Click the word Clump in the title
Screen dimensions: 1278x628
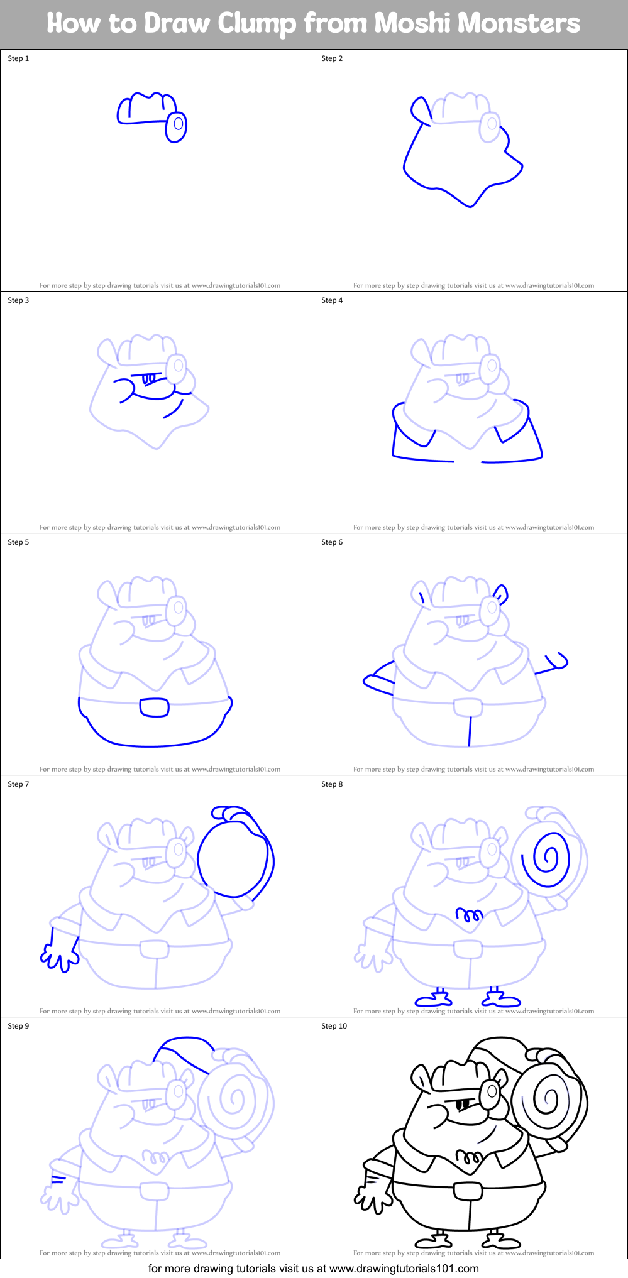[256, 24]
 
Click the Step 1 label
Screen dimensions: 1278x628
[18, 58]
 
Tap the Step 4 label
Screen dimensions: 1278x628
[332, 300]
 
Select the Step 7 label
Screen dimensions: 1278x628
[18, 784]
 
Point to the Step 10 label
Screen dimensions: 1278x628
[334, 1026]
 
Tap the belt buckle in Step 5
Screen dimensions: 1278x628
[154, 707]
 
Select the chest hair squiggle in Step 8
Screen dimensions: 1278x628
[469, 915]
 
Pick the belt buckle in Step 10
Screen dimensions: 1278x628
[468, 1190]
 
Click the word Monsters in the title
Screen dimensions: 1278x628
[519, 24]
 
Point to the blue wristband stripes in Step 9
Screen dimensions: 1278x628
[58, 1179]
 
